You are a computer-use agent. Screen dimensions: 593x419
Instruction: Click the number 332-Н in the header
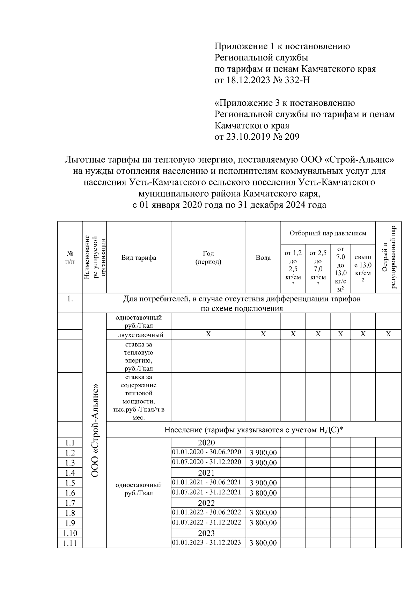[298, 80]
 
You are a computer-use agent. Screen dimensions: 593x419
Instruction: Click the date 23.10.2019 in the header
[248, 137]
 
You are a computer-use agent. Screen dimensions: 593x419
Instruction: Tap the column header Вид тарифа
[139, 258]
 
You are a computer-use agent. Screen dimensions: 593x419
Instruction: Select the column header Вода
[263, 258]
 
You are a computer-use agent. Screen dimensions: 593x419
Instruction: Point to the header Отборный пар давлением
[328, 233]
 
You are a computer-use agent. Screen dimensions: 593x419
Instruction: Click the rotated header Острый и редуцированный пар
[388, 257]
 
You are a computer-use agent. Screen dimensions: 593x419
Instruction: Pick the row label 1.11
[70, 543]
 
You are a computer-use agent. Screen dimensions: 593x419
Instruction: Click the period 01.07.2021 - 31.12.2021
[206, 492]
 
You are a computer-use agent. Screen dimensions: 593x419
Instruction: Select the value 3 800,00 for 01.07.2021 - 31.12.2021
[263, 493]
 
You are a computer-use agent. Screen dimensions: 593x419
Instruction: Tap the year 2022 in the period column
[206, 503]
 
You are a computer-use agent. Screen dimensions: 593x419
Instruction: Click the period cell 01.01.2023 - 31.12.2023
[206, 542]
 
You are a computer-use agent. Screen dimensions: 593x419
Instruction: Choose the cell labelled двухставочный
[139, 335]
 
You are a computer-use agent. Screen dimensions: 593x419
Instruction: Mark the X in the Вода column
[263, 334]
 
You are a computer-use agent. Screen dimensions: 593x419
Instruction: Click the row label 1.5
[70, 483]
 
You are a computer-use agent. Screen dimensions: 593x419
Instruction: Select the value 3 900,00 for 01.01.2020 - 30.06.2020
[263, 453]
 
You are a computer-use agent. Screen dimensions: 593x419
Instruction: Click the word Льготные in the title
[84, 160]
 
